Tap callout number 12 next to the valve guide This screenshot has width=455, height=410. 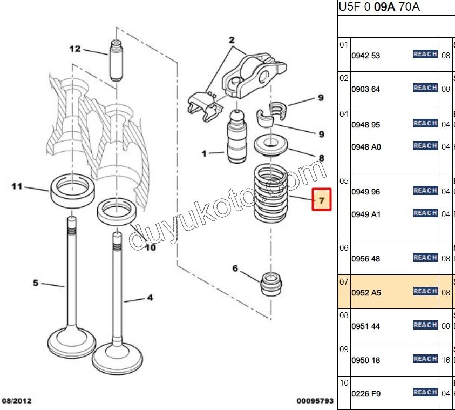pyautogui.click(x=74, y=49)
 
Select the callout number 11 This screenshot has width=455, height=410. pyautogui.click(x=17, y=186)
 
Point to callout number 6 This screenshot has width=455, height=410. pyautogui.click(x=235, y=268)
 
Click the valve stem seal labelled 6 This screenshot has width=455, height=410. pyautogui.click(x=271, y=285)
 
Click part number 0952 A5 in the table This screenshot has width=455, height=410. pyautogui.click(x=366, y=293)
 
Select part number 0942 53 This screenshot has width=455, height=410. pyautogui.click(x=366, y=56)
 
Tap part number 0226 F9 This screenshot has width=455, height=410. pyautogui.click(x=366, y=394)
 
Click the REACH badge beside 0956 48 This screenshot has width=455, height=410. pyautogui.click(x=425, y=258)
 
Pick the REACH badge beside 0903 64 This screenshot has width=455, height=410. pyautogui.click(x=425, y=88)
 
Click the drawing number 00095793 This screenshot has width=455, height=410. pyautogui.click(x=315, y=401)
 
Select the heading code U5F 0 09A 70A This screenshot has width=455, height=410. pyautogui.click(x=379, y=7)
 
